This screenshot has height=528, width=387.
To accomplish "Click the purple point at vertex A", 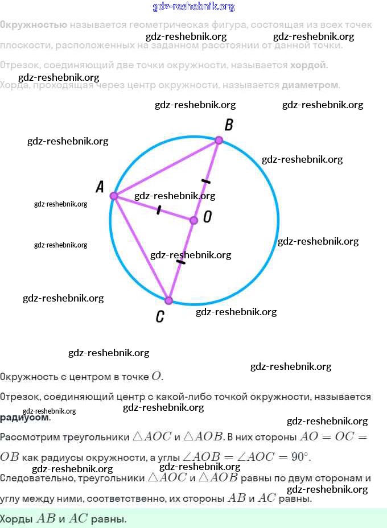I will coord(113,196).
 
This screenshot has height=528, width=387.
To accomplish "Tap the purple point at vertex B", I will coord(219,140).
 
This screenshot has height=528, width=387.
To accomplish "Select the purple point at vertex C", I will coord(168,300).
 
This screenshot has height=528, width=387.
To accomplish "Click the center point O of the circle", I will coord(193,220).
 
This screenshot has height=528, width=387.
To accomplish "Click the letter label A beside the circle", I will coord(100,187).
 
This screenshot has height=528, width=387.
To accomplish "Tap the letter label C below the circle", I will coord(160,317).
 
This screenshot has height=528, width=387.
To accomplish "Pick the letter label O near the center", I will coord(207,217).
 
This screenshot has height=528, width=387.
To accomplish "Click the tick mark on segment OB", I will coord(205,181).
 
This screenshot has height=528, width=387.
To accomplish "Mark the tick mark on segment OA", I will coord(158,210).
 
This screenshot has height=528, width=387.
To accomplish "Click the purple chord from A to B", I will coord(165,168).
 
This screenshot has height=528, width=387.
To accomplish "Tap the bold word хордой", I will coord(309,65).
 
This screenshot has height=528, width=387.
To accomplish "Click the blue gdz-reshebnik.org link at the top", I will coord(193,7).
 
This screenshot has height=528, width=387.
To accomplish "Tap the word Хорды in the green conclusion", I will coord(17,519).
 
